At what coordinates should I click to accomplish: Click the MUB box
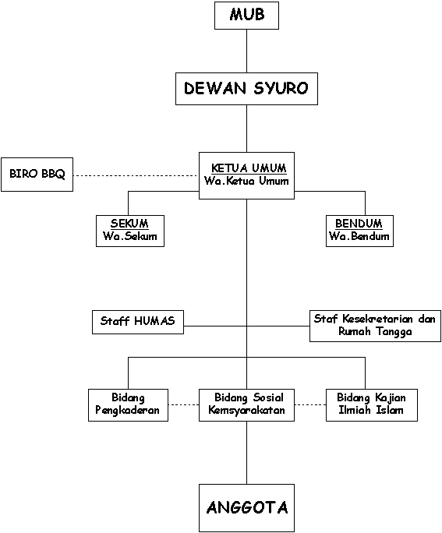[246, 16]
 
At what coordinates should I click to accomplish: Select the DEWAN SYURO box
[246, 89]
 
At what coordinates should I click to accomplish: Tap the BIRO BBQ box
[37, 175]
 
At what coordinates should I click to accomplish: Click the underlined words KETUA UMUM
[249, 168]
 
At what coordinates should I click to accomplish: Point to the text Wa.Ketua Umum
[246, 181]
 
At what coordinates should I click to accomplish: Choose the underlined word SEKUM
[129, 224]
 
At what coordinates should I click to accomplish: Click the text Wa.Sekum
[130, 236]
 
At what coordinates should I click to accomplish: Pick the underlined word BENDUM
[359, 224]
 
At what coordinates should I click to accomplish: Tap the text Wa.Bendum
[359, 236]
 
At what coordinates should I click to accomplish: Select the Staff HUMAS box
[138, 322]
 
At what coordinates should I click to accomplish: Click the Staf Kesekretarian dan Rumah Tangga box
[375, 326]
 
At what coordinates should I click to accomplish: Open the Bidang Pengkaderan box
[128, 405]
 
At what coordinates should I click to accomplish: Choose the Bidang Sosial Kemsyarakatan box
[246, 405]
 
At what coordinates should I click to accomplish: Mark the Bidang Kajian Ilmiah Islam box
[372, 405]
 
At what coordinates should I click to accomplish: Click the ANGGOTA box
[246, 508]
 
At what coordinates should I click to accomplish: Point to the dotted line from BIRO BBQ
[136, 176]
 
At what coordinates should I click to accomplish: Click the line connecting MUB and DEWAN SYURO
[246, 51]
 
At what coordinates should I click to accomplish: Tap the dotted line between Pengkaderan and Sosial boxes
[184, 405]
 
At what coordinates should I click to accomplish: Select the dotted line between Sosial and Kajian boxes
[310, 405]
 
